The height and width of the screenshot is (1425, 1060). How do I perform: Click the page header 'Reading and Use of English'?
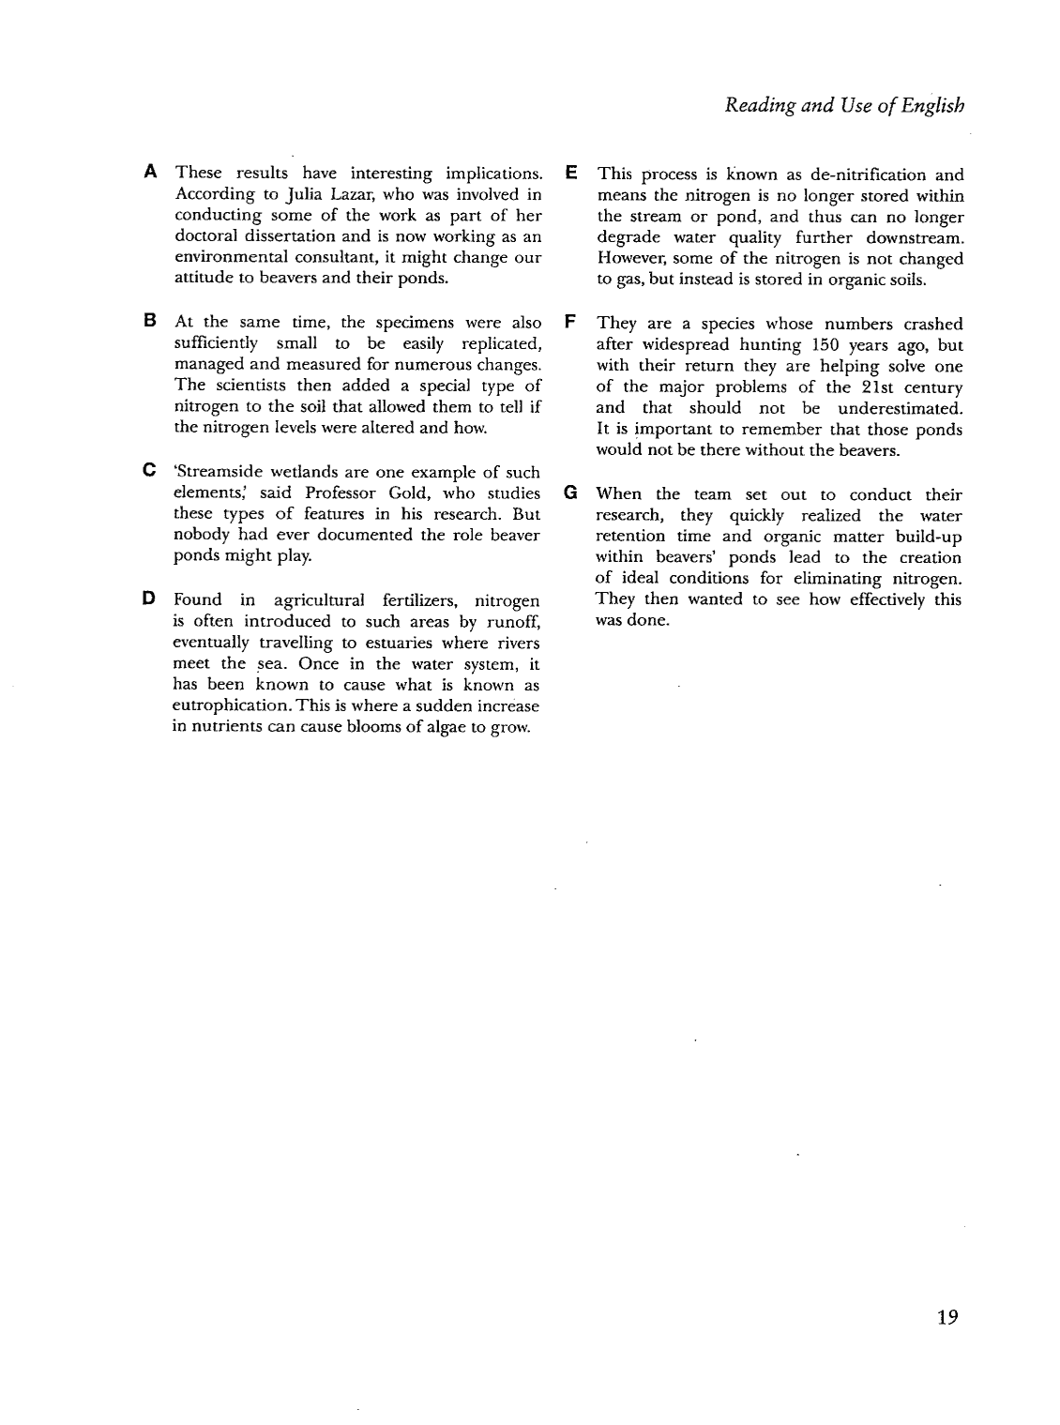click(x=844, y=105)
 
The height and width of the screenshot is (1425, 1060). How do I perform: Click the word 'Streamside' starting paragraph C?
click(x=220, y=472)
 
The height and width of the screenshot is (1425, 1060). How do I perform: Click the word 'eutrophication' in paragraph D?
click(x=232, y=705)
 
